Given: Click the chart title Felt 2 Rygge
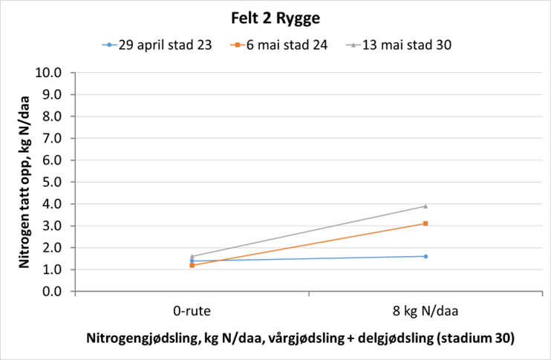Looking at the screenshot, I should [275, 18].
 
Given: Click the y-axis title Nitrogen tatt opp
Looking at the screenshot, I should [25, 183].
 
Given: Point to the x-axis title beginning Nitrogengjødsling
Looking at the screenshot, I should [301, 338].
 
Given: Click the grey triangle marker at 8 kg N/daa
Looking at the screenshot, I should [425, 206].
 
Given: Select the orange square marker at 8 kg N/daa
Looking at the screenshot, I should [425, 223].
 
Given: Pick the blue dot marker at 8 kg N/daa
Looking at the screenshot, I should [425, 256].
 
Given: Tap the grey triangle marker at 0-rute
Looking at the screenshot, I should [192, 256].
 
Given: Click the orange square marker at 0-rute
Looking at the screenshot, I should [192, 265].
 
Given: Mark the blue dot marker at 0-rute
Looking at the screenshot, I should [192, 261].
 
